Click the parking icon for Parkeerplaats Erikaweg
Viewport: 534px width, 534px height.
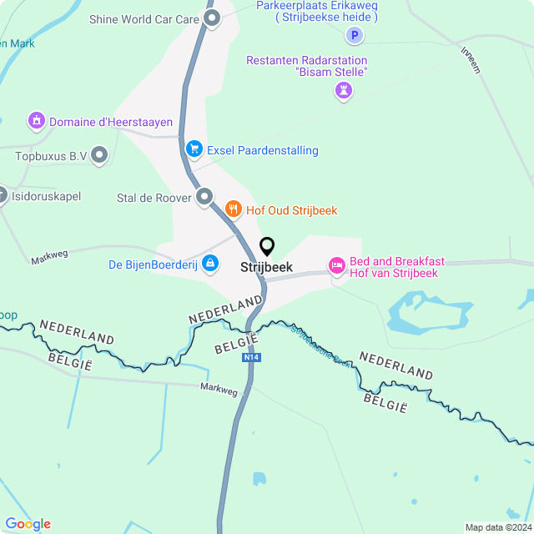pyautogui.click(x=355, y=35)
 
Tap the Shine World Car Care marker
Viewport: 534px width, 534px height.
pyautogui.click(x=212, y=18)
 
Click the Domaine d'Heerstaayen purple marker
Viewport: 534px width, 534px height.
pyautogui.click(x=36, y=122)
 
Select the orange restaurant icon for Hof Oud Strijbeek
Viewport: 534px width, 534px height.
pyautogui.click(x=233, y=209)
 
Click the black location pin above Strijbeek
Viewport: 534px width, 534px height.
pyautogui.click(x=267, y=247)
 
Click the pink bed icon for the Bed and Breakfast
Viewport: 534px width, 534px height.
pyautogui.click(x=336, y=266)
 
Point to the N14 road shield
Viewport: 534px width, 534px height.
pyautogui.click(x=251, y=357)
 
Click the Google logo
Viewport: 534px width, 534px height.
pyautogui.click(x=28, y=523)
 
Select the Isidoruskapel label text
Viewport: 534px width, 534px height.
pyautogui.click(x=47, y=198)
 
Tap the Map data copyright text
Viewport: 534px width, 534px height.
pyautogui.click(x=497, y=527)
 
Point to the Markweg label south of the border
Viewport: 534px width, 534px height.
pyautogui.click(x=219, y=388)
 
